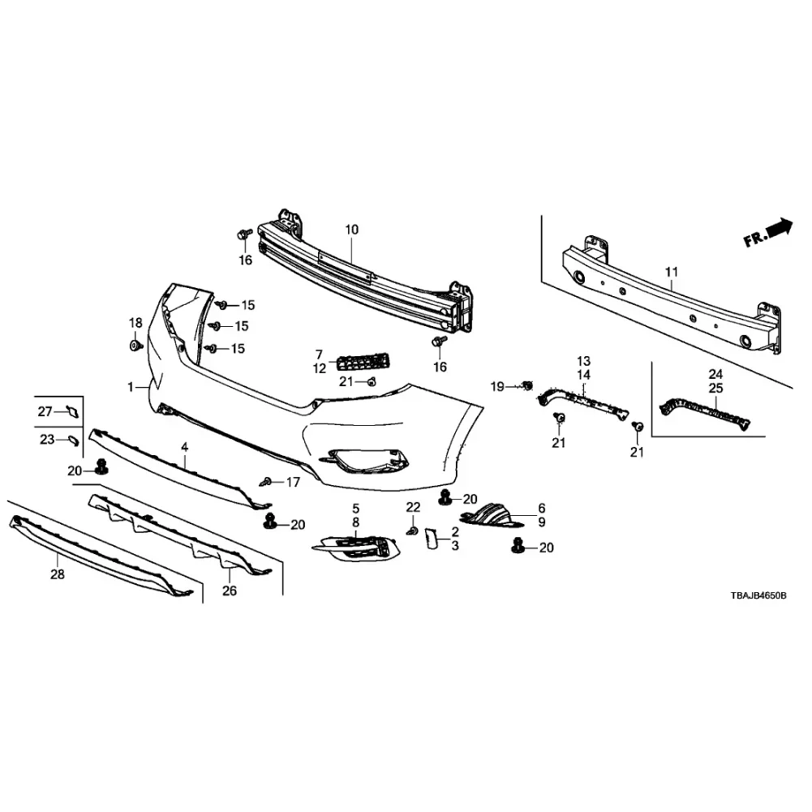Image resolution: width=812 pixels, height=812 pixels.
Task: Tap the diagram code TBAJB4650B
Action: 758,595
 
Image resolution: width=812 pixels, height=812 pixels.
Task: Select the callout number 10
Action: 351,230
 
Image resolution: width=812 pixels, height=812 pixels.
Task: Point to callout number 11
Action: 671,272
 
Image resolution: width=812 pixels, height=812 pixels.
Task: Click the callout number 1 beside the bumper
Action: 131,386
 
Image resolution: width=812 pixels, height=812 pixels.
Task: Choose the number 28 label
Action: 58,574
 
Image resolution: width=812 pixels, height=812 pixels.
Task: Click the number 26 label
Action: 230,591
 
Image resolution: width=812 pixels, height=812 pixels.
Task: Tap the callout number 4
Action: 185,447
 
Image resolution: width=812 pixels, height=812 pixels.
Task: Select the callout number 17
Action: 293,482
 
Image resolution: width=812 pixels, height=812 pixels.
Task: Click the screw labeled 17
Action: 266,482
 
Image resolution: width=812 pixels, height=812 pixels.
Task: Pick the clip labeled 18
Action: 136,346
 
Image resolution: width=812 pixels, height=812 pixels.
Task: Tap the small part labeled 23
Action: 74,440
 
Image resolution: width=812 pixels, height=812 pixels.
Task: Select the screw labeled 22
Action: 413,531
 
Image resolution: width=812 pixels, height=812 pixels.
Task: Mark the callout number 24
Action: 715,374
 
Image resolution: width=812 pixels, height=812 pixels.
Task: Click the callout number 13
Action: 583,361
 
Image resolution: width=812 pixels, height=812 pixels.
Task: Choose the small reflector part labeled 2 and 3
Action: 431,538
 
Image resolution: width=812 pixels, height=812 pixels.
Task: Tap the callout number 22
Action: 413,507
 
